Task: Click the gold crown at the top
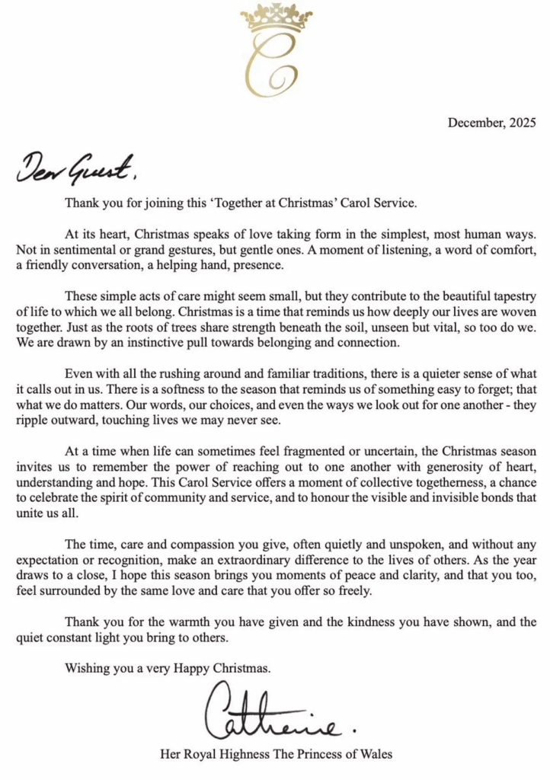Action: point(276,18)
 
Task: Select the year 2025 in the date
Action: point(523,122)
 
